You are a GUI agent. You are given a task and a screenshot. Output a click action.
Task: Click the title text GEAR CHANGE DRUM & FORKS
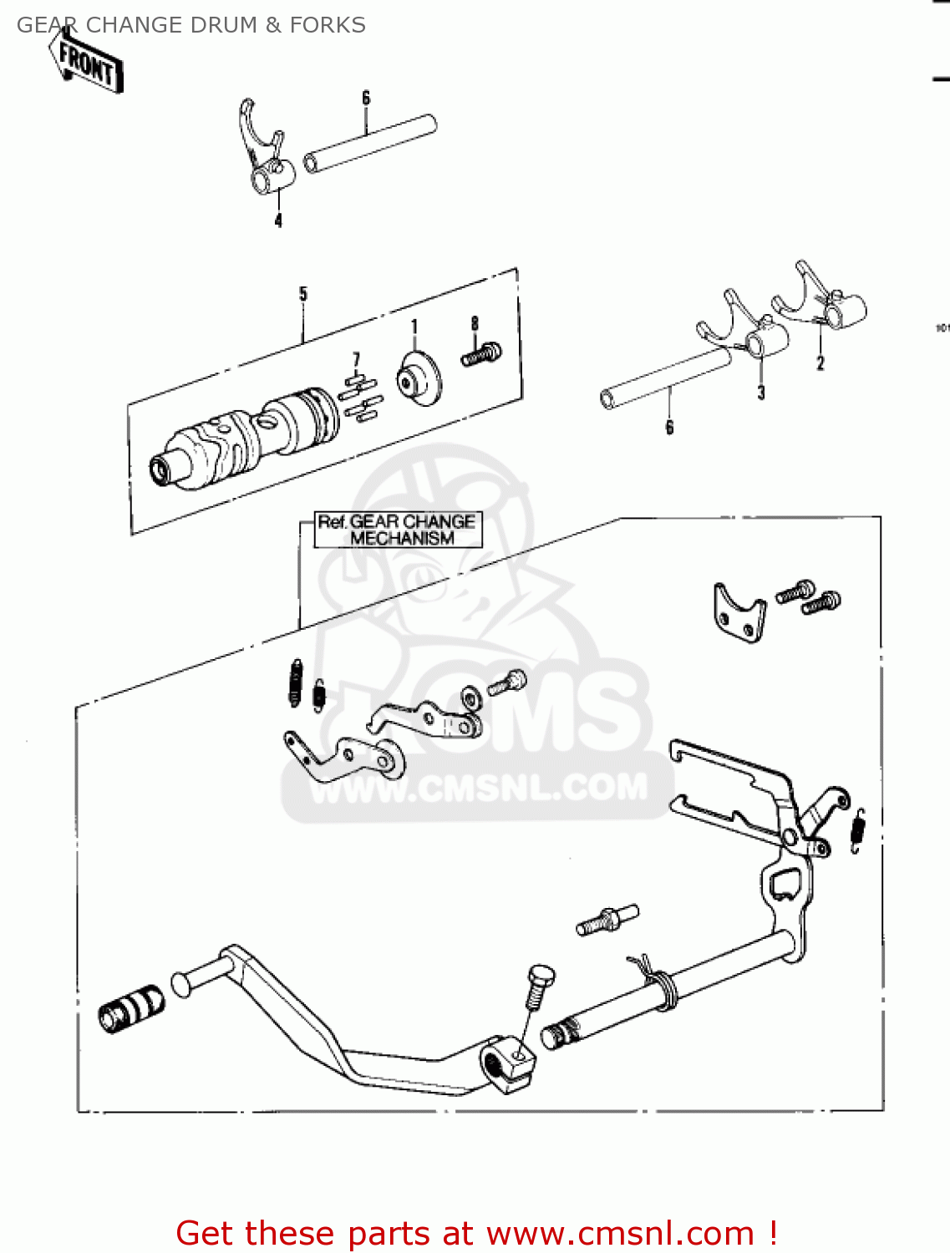pos(191,25)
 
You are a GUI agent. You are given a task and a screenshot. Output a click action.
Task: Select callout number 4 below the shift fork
pos(278,221)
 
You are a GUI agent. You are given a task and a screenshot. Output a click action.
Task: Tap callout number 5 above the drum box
pos(302,294)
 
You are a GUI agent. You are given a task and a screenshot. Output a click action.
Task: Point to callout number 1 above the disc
pos(414,327)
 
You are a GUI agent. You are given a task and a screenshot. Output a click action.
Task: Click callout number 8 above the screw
pos(475,324)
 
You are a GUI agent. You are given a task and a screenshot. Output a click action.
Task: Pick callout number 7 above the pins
pos(357,360)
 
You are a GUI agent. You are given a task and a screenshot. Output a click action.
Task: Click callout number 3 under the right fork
pos(760,393)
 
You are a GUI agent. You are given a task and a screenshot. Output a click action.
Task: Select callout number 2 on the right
pos(820,363)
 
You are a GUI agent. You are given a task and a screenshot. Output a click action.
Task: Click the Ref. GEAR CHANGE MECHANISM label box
pos(398,530)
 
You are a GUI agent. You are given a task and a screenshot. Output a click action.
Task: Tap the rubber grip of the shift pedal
pos(131,1007)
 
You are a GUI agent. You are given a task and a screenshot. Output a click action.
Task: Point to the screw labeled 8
pos(481,355)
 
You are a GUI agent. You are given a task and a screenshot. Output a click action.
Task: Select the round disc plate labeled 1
pos(419,379)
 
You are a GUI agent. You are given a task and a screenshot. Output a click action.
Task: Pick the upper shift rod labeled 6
pos(370,144)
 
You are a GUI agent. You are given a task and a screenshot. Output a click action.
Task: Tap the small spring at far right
pos(858,831)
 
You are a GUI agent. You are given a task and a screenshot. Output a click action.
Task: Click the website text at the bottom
pos(477,1233)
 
